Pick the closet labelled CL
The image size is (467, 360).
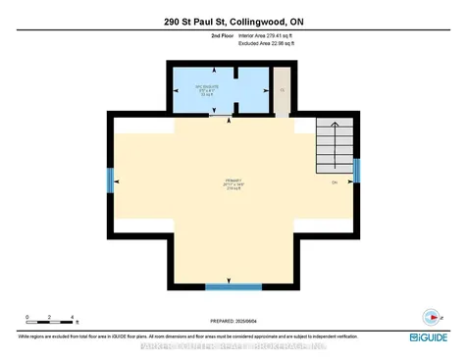[282, 91]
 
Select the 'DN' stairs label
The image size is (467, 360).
[335, 182]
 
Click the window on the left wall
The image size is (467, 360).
[111, 180]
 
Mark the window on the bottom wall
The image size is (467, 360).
[233, 285]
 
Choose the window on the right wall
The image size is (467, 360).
[357, 170]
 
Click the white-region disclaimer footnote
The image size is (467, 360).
[167, 335]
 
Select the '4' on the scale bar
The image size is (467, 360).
[74, 317]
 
